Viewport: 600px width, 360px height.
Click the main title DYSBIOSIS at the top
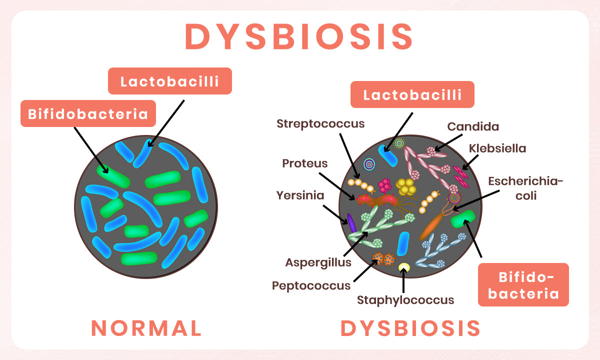pyautogui.click(x=299, y=36)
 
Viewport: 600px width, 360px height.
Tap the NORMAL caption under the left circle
pyautogui.click(x=146, y=328)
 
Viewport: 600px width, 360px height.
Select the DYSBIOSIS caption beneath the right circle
pyautogui.click(x=410, y=328)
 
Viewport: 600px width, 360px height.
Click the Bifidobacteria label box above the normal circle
pyautogui.click(x=88, y=114)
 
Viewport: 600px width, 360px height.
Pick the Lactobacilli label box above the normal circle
pyautogui.click(x=170, y=81)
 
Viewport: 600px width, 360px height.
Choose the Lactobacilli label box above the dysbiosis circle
pyautogui.click(x=412, y=94)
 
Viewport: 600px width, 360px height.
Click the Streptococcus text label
pyautogui.click(x=320, y=123)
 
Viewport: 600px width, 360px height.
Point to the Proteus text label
pyautogui.click(x=305, y=163)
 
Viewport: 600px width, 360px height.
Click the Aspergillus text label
pyautogui.click(x=318, y=262)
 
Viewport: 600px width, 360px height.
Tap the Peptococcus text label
pyautogui.click(x=311, y=285)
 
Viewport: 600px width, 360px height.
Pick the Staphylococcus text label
pyautogui.click(x=405, y=300)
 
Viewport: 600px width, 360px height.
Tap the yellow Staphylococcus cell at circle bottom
pyautogui.click(x=404, y=268)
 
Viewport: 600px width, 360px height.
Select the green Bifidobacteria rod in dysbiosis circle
pyautogui.click(x=463, y=220)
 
